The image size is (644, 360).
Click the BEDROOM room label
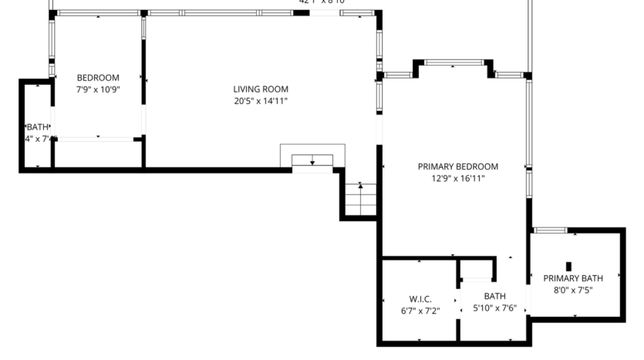pyautogui.click(x=98, y=77)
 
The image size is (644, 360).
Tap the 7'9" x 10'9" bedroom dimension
pyautogui.click(x=98, y=89)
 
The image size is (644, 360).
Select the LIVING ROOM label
pyautogui.click(x=261, y=89)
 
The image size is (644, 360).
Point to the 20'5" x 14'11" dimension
pyautogui.click(x=261, y=101)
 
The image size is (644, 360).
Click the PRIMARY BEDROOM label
pyautogui.click(x=457, y=167)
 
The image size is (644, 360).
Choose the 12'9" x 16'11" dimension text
pyautogui.click(x=457, y=179)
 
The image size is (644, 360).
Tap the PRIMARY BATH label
pyautogui.click(x=572, y=278)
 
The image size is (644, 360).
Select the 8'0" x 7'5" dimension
pyautogui.click(x=572, y=291)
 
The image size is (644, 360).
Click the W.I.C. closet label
pyautogui.click(x=420, y=299)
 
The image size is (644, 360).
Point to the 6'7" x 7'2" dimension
pyautogui.click(x=420, y=311)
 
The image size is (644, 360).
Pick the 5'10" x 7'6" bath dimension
pyautogui.click(x=494, y=308)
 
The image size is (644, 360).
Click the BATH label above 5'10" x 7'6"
pyautogui.click(x=494, y=296)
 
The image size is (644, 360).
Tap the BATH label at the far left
pyautogui.click(x=38, y=127)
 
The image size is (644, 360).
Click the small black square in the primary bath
pyautogui.click(x=568, y=266)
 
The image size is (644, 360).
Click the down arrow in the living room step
pyautogui.click(x=312, y=161)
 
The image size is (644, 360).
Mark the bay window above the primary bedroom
pyautogui.click(x=454, y=62)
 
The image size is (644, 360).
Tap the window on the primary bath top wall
pyautogui.click(x=550, y=230)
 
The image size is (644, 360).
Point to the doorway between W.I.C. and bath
pyautogui.click(x=459, y=300)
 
